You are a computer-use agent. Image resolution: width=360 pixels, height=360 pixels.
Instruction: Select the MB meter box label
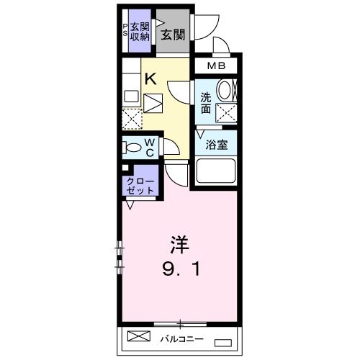pos(217,66)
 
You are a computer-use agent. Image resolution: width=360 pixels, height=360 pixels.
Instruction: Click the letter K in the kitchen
pos(151,80)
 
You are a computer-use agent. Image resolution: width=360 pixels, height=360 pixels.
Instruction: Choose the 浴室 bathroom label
pos(217,143)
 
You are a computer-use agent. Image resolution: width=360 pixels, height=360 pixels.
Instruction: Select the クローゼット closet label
pos(140,185)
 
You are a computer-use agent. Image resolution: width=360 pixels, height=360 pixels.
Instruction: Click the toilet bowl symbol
pos(132,148)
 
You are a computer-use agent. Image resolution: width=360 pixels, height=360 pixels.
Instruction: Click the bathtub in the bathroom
pos(217,172)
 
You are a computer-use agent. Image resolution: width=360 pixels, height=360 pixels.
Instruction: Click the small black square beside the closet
pos(125,168)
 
